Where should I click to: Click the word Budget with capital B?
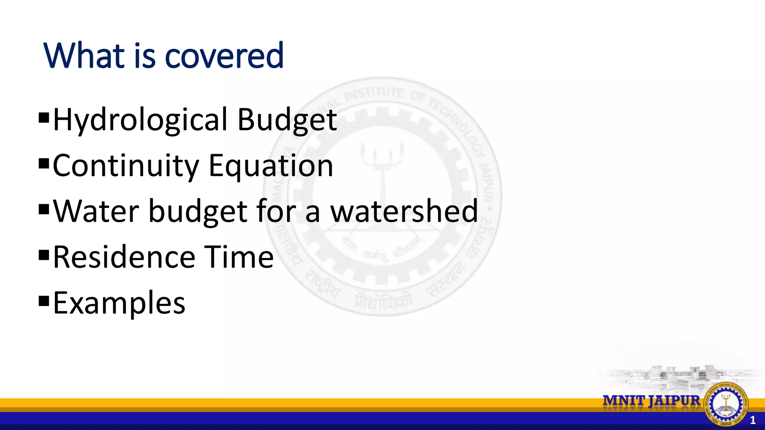click(x=287, y=120)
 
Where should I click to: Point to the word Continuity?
click(x=126, y=166)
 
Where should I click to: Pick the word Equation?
click(x=271, y=166)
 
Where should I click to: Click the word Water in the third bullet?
click(x=96, y=211)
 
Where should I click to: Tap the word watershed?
click(x=404, y=211)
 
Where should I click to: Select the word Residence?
click(x=124, y=257)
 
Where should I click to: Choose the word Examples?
click(x=119, y=303)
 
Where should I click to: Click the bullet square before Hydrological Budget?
click(x=44, y=118)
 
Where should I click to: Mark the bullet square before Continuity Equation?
click(x=44, y=163)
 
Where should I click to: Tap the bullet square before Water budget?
click(x=44, y=209)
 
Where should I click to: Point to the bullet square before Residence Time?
click(x=44, y=255)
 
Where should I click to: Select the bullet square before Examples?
click(x=44, y=300)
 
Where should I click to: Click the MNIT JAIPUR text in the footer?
click(x=651, y=401)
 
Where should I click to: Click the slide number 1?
click(x=753, y=420)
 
